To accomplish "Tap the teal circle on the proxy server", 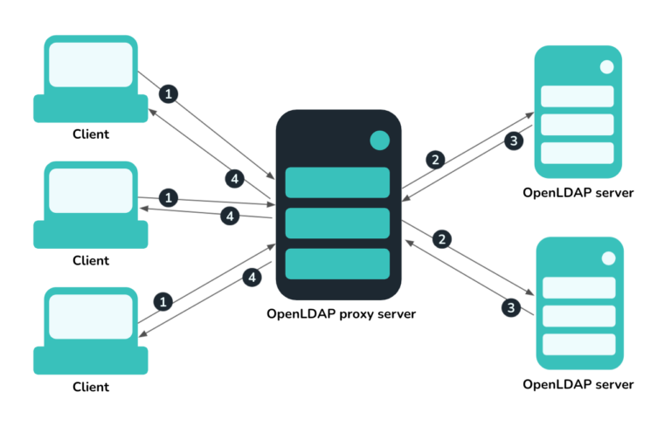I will pyautogui.click(x=379, y=140).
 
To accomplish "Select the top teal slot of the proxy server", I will pyautogui.click(x=337, y=182).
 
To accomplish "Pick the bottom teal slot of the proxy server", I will pyautogui.click(x=337, y=264).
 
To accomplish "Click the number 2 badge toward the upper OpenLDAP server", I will pyautogui.click(x=434, y=160).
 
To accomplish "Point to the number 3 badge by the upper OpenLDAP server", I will pyautogui.click(x=515, y=140).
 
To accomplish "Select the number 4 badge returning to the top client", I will pyautogui.click(x=233, y=178).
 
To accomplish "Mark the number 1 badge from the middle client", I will pyautogui.click(x=169, y=196).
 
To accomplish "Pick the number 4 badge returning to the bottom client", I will pyautogui.click(x=252, y=278).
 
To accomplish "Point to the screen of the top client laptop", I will pyautogui.click(x=90, y=65).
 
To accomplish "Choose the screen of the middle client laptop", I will pyautogui.click(x=90, y=190).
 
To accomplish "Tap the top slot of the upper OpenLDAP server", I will pyautogui.click(x=577, y=96).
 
